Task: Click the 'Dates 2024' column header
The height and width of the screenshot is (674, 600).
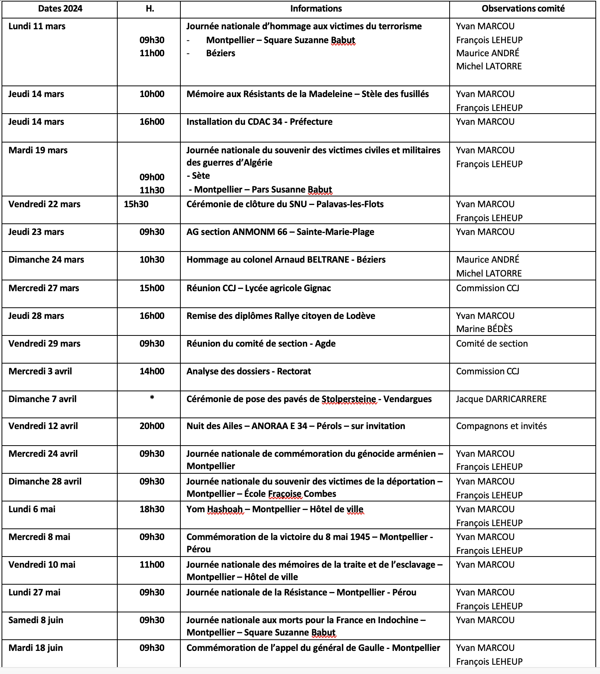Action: pyautogui.click(x=60, y=8)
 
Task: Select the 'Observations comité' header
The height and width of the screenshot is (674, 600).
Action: pyautogui.click(x=523, y=8)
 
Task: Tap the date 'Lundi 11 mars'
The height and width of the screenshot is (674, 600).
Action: pyautogui.click(x=37, y=26)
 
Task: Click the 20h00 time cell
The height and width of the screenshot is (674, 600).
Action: pyautogui.click(x=152, y=426)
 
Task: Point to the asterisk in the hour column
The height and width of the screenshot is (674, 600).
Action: pyautogui.click(x=152, y=397)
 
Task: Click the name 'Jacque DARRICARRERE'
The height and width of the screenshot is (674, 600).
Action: pyautogui.click(x=501, y=399)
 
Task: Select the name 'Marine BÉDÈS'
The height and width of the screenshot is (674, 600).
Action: pyautogui.click(x=484, y=329)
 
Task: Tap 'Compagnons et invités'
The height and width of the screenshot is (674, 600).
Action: pyautogui.click(x=501, y=426)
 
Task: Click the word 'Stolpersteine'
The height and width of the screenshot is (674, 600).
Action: pyautogui.click(x=349, y=399)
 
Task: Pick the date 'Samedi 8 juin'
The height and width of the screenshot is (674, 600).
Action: pyautogui.click(x=36, y=620)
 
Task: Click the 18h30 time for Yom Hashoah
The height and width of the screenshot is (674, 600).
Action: pyautogui.click(x=152, y=509)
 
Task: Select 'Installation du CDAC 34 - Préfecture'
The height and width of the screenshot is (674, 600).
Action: pyautogui.click(x=259, y=122)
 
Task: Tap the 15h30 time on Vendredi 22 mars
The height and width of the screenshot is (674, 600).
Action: pyautogui.click(x=136, y=204)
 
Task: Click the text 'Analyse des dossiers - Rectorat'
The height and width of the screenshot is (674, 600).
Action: pyautogui.click(x=248, y=371)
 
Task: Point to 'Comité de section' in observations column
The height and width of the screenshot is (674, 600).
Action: pyautogui.click(x=492, y=344)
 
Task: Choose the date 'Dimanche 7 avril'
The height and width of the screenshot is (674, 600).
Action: pyautogui.click(x=42, y=399)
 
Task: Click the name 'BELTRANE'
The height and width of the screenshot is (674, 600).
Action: pyautogui.click(x=328, y=260)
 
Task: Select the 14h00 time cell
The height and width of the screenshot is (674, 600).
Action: pyautogui.click(x=152, y=371)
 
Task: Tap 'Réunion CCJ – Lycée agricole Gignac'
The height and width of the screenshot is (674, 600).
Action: pyautogui.click(x=258, y=288)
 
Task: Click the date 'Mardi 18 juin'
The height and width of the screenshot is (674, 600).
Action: pyautogui.click(x=36, y=648)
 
